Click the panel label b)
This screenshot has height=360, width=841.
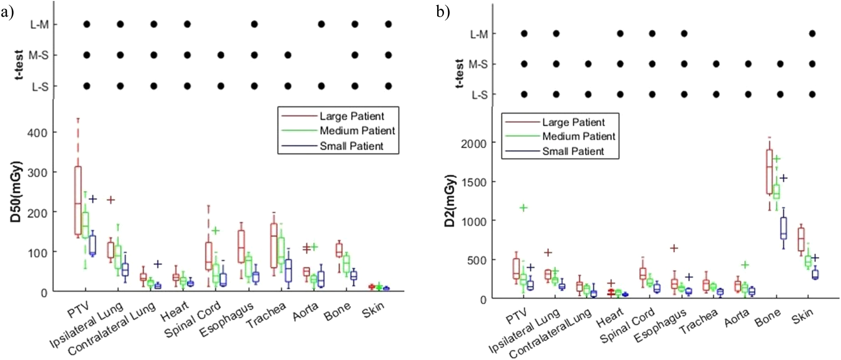coord(443,12)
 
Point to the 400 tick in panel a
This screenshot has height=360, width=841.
coord(37,133)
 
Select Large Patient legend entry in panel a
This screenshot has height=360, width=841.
coord(351,116)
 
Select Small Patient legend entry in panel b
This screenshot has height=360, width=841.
coord(573,151)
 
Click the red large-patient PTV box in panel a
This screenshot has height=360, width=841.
coord(78,201)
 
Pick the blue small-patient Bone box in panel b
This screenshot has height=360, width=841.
coord(784,228)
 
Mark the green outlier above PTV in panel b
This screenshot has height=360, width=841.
coord(524,208)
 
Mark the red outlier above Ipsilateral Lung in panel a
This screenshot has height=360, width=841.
coord(111,200)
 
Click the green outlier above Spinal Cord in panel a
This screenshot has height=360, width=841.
coord(216,230)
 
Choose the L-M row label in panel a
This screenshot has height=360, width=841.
coord(39,24)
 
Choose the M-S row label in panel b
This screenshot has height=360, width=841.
coord(478,64)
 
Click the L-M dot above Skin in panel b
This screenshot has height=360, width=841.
coord(812,34)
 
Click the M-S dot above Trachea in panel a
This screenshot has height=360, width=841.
coord(288,55)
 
